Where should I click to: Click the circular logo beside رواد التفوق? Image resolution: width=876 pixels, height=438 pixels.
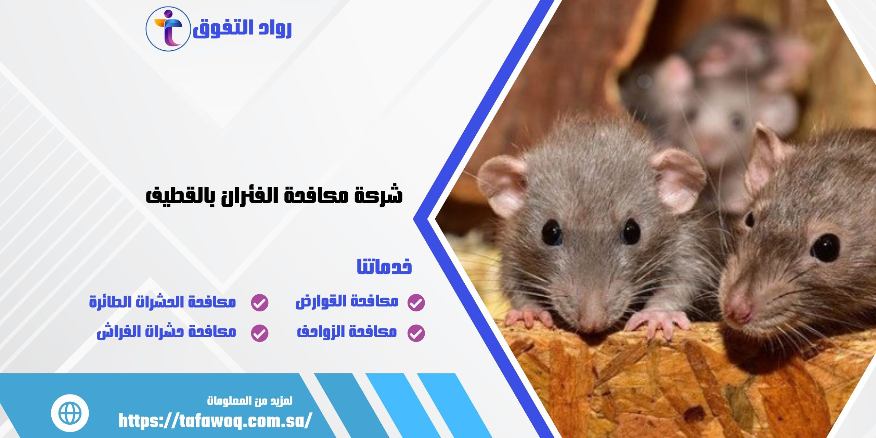click(x=168, y=29)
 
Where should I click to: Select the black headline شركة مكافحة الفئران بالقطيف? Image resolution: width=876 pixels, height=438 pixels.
click(x=274, y=195)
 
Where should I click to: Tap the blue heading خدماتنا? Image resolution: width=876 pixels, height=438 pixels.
click(x=384, y=267)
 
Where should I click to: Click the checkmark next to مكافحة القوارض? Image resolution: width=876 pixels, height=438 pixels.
click(x=416, y=302)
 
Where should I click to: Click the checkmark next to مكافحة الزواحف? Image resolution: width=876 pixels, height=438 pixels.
click(x=416, y=333)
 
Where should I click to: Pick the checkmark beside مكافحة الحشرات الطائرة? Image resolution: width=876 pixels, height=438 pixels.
click(x=260, y=302)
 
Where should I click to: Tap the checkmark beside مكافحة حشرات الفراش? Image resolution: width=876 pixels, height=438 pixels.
click(x=260, y=333)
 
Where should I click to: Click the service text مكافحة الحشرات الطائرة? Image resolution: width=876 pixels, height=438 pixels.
click(x=163, y=302)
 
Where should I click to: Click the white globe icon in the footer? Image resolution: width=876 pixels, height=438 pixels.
click(x=70, y=413)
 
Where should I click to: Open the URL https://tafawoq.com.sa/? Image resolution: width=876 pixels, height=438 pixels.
click(x=215, y=421)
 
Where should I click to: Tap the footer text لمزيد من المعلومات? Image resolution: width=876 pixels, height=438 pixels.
click(x=250, y=401)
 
